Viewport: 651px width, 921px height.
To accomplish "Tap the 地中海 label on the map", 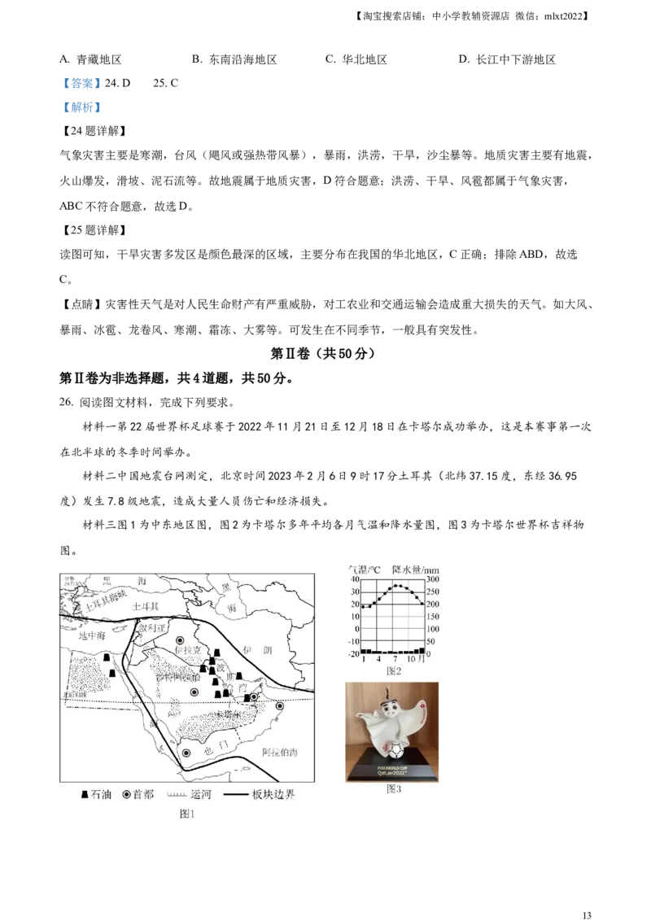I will point(93,636).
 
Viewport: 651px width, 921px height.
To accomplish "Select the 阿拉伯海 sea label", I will point(280,753).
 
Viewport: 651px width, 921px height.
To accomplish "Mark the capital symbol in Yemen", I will point(187,753).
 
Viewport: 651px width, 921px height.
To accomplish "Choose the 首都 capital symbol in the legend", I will point(127,794).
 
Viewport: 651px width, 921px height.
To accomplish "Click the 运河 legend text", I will point(200,794).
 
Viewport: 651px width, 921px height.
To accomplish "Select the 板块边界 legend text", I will point(273,794).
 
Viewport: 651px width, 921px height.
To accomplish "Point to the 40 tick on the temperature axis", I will point(355,579).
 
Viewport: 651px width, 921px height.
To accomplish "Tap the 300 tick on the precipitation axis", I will point(434,579).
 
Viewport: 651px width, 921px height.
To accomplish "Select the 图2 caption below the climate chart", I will point(394,671).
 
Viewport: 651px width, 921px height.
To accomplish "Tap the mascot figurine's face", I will point(390,706).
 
